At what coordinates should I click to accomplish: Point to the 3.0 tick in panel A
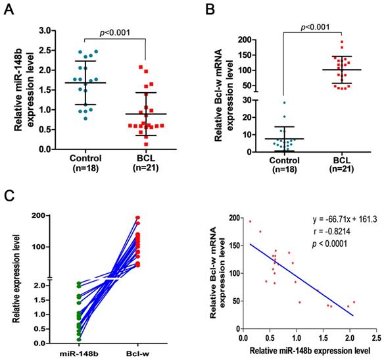[x=45, y=30]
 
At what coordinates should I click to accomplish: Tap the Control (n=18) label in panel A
[x=87, y=164]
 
